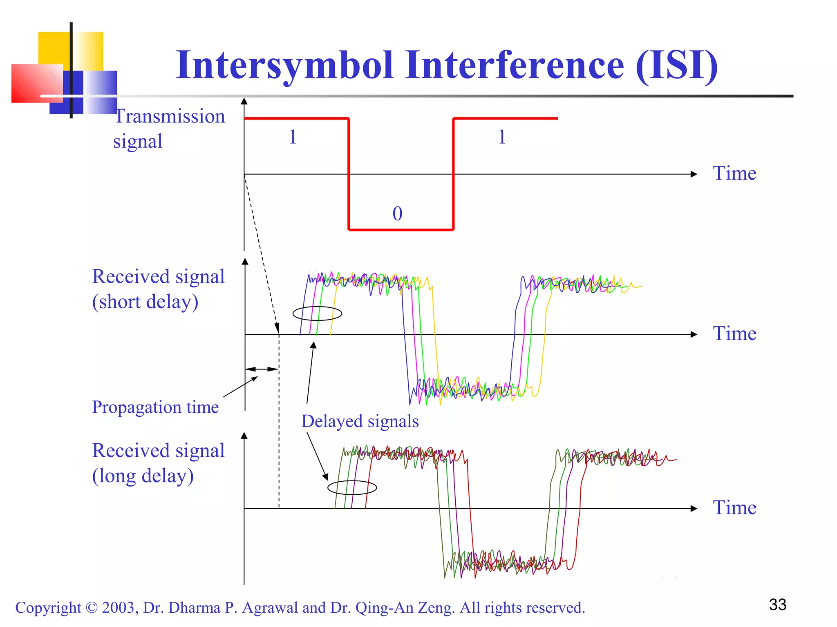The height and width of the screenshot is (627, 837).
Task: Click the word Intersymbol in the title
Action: tap(285, 65)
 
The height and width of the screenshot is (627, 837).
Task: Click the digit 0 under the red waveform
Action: tap(397, 213)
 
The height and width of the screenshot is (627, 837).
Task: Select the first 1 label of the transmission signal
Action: tap(293, 137)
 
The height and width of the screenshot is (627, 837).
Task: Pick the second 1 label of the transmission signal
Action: tap(502, 137)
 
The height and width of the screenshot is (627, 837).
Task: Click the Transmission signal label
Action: tap(169, 129)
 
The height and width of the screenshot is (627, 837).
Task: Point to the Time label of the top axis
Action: tap(734, 173)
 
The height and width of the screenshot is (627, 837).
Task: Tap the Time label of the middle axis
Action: tap(734, 334)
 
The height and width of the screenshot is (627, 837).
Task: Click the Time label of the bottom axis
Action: tap(734, 507)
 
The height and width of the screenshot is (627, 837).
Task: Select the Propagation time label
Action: tap(155, 407)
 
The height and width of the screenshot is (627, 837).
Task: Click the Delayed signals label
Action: tap(360, 421)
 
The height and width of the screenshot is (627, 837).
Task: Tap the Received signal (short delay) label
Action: tap(158, 289)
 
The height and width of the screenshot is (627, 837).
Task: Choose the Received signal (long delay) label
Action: tap(158, 463)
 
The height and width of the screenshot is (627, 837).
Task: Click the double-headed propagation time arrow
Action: tap(262, 369)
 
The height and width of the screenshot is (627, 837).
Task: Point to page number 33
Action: tap(777, 605)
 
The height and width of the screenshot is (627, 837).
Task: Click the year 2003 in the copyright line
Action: tap(117, 607)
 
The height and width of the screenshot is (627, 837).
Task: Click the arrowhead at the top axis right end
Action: tap(694, 174)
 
